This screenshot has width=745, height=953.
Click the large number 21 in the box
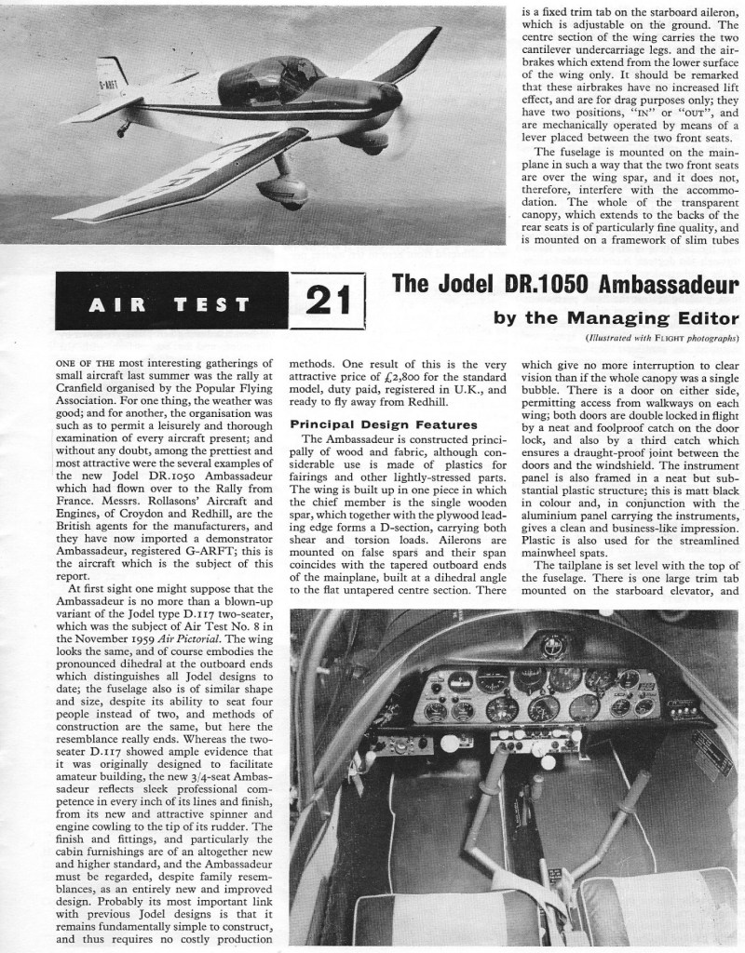[x=327, y=302]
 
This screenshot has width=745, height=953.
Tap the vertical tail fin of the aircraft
[x=112, y=72]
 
